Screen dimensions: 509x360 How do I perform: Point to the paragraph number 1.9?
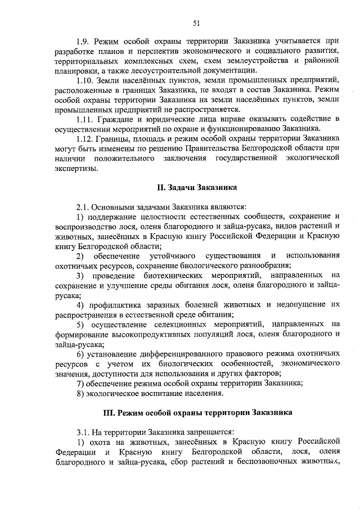tap(83, 41)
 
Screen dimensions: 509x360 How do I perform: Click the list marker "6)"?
tap(81, 354)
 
